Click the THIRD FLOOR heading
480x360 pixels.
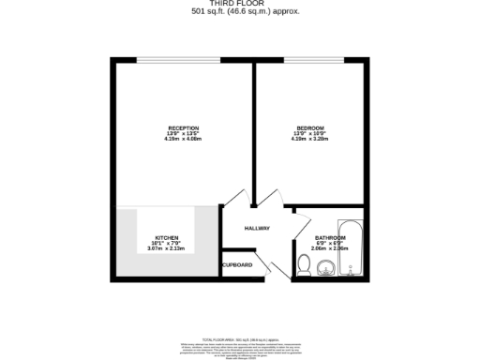(240, 4)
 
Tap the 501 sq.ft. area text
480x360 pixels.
(240, 12)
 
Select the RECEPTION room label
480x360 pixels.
(182, 127)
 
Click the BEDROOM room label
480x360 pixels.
(310, 127)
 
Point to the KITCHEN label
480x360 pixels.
(168, 238)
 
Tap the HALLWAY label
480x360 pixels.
(257, 228)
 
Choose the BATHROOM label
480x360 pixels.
(330, 238)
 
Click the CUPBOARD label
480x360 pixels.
(237, 265)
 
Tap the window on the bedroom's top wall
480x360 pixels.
(310, 60)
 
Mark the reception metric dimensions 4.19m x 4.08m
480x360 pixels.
(182, 139)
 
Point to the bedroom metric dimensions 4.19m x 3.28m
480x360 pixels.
(310, 139)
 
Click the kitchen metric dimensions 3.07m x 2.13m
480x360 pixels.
(168, 249)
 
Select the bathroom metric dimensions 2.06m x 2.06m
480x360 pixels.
(330, 249)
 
